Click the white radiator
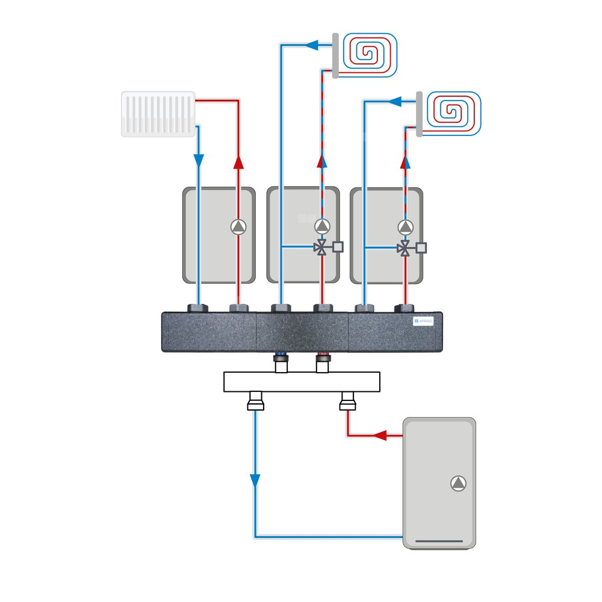coord(158,114)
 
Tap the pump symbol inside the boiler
coord(458,483)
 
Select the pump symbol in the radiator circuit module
coord(238,226)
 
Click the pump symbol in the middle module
coord(322,226)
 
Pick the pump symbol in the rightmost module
coord(406,226)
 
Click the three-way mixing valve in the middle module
coord(322,247)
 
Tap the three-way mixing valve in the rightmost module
coord(406,247)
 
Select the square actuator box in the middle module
coord(338,247)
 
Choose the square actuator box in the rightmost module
coord(421,247)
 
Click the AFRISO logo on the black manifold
coord(426,322)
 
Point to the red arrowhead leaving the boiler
coord(380,435)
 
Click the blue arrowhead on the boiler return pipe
coord(255,480)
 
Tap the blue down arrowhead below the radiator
coord(199,161)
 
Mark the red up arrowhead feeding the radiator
coord(238,161)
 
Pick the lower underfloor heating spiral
coord(451,113)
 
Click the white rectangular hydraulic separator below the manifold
coord(302,382)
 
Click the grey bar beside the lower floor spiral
coord(419,113)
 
